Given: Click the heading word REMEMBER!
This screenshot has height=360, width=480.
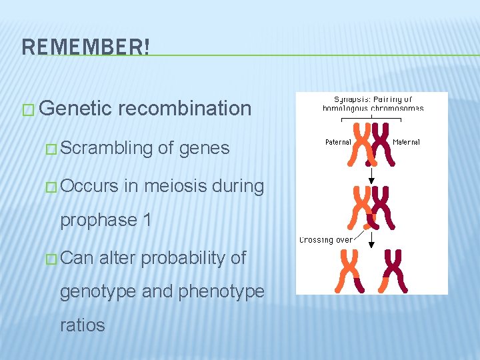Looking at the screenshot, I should click(x=86, y=47).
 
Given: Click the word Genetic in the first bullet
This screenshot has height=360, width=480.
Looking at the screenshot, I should click(x=73, y=108).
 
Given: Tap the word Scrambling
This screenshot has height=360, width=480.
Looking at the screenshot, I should click(x=107, y=147).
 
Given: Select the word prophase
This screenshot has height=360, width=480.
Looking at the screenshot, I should click(x=97, y=220).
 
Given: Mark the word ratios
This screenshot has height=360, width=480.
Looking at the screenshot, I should click(x=83, y=325).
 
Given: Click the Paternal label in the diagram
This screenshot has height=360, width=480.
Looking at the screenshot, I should click(x=339, y=142).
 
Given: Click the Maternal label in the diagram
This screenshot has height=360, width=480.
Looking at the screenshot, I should click(x=406, y=142).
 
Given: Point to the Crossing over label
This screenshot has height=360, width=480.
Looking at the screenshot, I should click(x=326, y=239).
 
